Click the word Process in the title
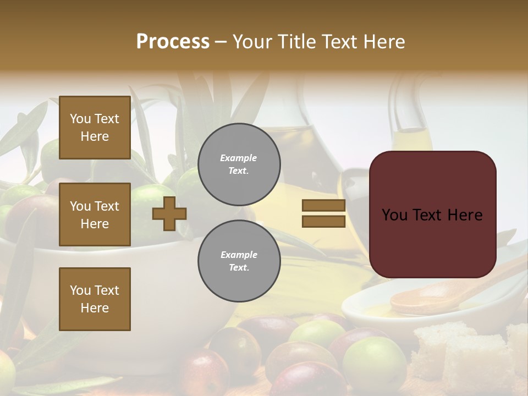point(173,42)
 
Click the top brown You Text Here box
point(95,128)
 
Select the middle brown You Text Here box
point(95,215)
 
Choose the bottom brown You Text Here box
point(95,299)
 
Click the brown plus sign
point(169,213)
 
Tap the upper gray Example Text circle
point(239,164)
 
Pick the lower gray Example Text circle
point(239,261)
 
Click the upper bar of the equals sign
point(323,206)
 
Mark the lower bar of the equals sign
point(323,221)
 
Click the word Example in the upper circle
point(239,158)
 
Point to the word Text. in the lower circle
point(239,268)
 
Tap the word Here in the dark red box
point(465,215)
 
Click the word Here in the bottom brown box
point(95,308)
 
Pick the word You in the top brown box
point(80,119)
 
